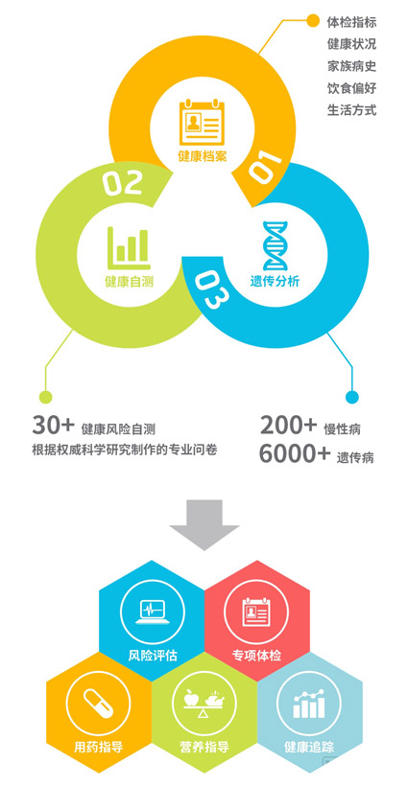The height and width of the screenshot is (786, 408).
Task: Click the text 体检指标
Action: click(x=351, y=22)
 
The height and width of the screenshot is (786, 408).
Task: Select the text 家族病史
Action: click(x=351, y=66)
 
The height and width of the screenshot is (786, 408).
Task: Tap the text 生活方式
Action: click(x=351, y=110)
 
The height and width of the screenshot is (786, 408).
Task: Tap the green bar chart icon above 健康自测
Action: click(x=129, y=247)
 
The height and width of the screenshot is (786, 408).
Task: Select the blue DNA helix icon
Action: click(x=275, y=245)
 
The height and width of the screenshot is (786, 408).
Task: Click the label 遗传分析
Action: click(x=275, y=281)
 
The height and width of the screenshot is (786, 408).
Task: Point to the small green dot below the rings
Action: click(x=46, y=397)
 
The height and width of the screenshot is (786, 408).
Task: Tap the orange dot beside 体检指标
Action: click(x=312, y=20)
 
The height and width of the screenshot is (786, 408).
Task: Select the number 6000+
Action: click(x=295, y=454)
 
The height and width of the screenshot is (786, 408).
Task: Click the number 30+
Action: click(x=53, y=425)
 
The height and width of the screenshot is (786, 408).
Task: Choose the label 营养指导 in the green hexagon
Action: click(x=204, y=748)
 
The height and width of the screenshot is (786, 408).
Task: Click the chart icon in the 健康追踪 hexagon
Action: click(x=308, y=704)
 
